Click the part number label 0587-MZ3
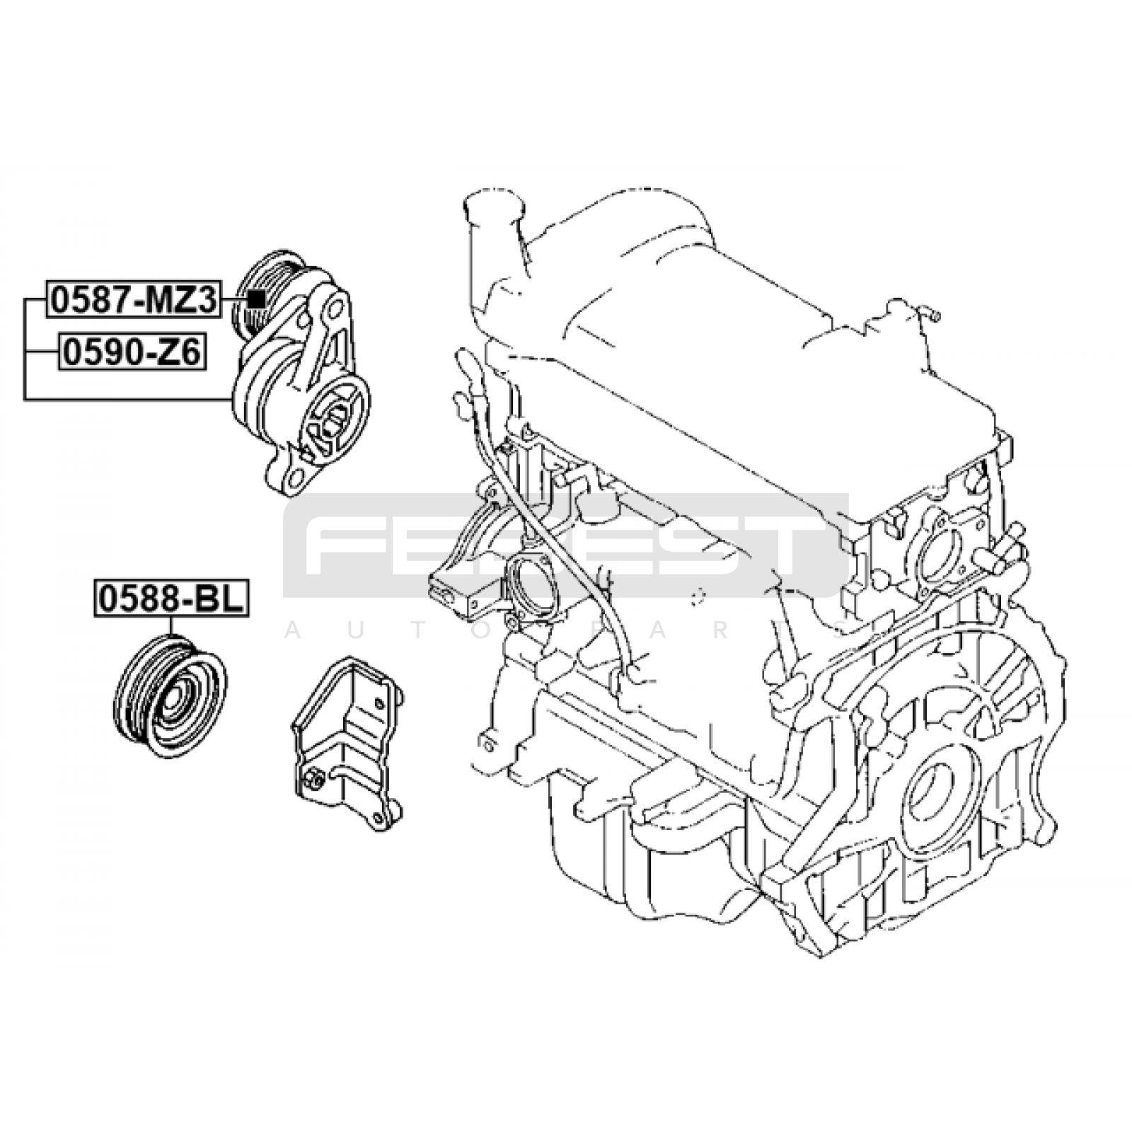click(133, 300)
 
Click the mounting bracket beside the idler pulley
click(347, 743)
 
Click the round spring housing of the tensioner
click(336, 417)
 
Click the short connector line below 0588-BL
click(171, 625)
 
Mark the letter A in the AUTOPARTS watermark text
click(292, 632)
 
